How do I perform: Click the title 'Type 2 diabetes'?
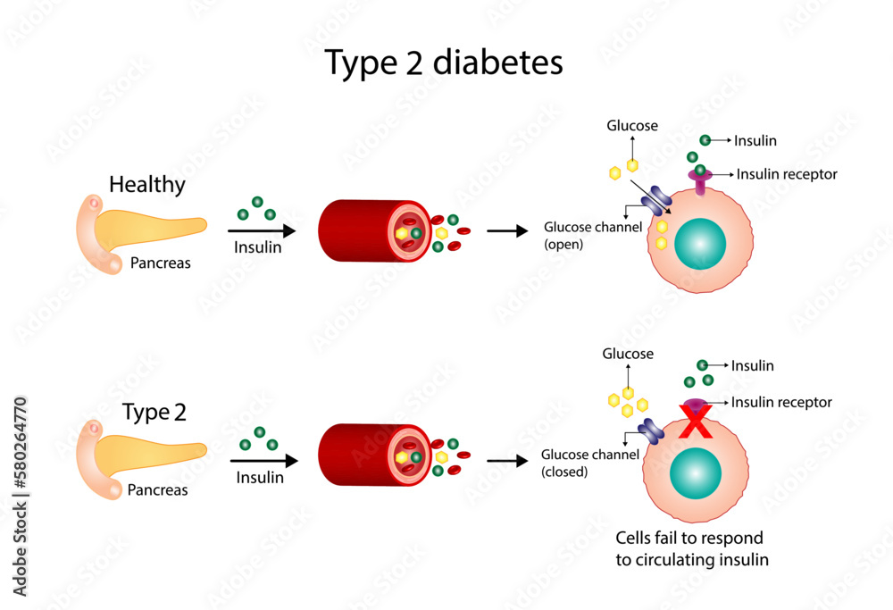(444, 63)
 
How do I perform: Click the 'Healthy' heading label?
(147, 185)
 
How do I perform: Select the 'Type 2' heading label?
(154, 413)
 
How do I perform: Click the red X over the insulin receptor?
(695, 422)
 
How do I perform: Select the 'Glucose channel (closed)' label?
(589, 463)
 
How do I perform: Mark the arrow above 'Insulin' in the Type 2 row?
(263, 461)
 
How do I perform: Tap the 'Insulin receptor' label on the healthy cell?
(787, 174)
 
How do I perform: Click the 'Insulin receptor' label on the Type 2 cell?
(781, 403)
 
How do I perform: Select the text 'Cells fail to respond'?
(689, 539)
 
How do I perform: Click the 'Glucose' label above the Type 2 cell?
(628, 354)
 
